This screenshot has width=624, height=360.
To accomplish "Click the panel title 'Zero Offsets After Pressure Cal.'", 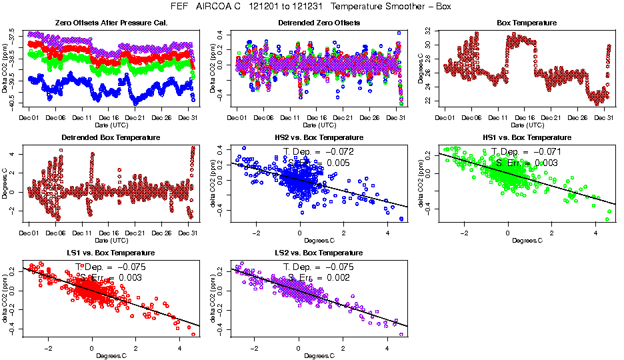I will tap(102, 23).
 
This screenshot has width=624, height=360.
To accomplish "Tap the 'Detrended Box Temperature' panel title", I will tap(102, 138).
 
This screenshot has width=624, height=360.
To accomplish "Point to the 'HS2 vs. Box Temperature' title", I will tap(317, 138).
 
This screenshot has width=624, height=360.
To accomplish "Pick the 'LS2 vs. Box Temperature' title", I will tap(317, 253).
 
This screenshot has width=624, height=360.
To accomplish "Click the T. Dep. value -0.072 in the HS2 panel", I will tap(339, 152).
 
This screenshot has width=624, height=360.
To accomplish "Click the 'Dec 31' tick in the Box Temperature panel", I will tap(603, 118).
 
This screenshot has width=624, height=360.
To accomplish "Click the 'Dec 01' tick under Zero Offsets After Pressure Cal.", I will tap(29, 118).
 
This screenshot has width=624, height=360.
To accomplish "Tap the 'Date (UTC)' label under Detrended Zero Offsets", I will tap(317, 125).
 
